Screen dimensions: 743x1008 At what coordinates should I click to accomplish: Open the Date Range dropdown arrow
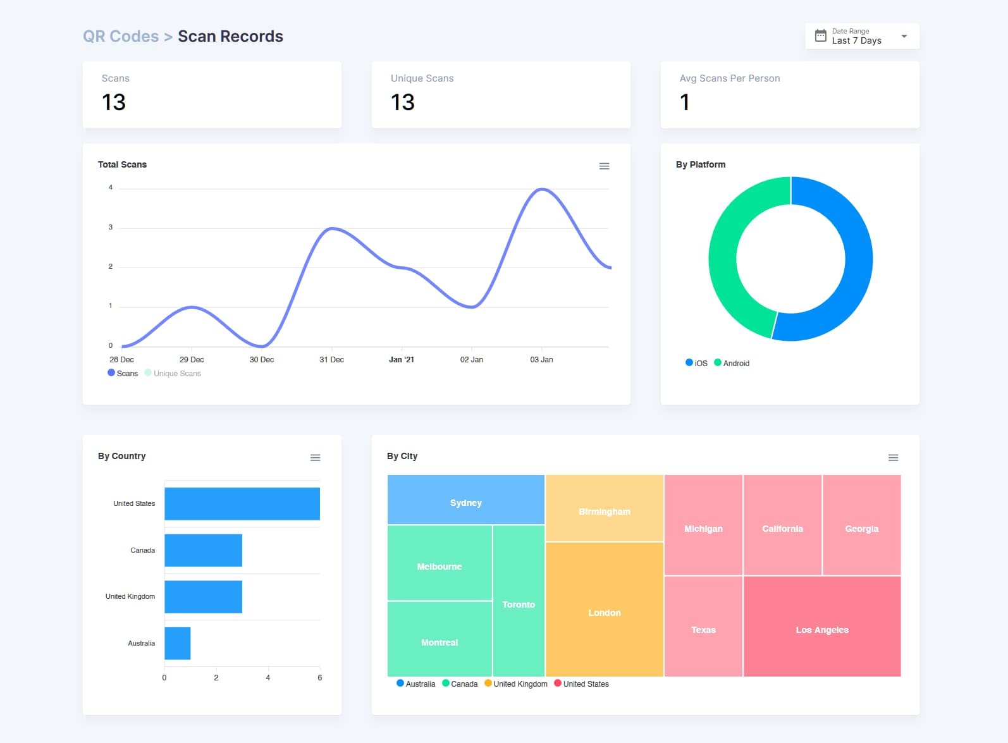coord(904,36)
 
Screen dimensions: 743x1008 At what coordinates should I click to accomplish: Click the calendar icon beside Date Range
coord(820,36)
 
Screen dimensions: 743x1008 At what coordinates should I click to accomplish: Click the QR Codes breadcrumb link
coord(121,37)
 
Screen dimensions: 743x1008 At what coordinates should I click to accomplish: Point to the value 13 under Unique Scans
coord(402,102)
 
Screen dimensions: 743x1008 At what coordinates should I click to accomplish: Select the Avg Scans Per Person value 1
coord(684,102)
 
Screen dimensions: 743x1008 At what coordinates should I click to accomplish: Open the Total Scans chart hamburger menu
coord(604,166)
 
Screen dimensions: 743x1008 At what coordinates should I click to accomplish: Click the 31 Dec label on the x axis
coord(331,360)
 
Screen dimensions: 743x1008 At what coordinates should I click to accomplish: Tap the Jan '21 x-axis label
coord(401,360)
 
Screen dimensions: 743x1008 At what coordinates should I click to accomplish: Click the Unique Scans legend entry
coord(173,374)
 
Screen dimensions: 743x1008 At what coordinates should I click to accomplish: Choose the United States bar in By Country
coord(242,504)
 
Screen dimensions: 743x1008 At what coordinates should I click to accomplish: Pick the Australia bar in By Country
coord(178,644)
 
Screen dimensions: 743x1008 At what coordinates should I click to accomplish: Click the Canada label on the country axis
coord(142,551)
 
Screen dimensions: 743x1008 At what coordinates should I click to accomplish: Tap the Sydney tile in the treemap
coord(465,503)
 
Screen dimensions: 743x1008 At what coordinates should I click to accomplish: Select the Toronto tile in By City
coord(519,605)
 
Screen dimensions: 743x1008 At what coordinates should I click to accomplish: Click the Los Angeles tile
coord(821,630)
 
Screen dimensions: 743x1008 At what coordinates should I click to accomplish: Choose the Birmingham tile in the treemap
coord(604,512)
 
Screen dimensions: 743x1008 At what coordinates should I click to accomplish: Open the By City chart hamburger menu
coord(893,458)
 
